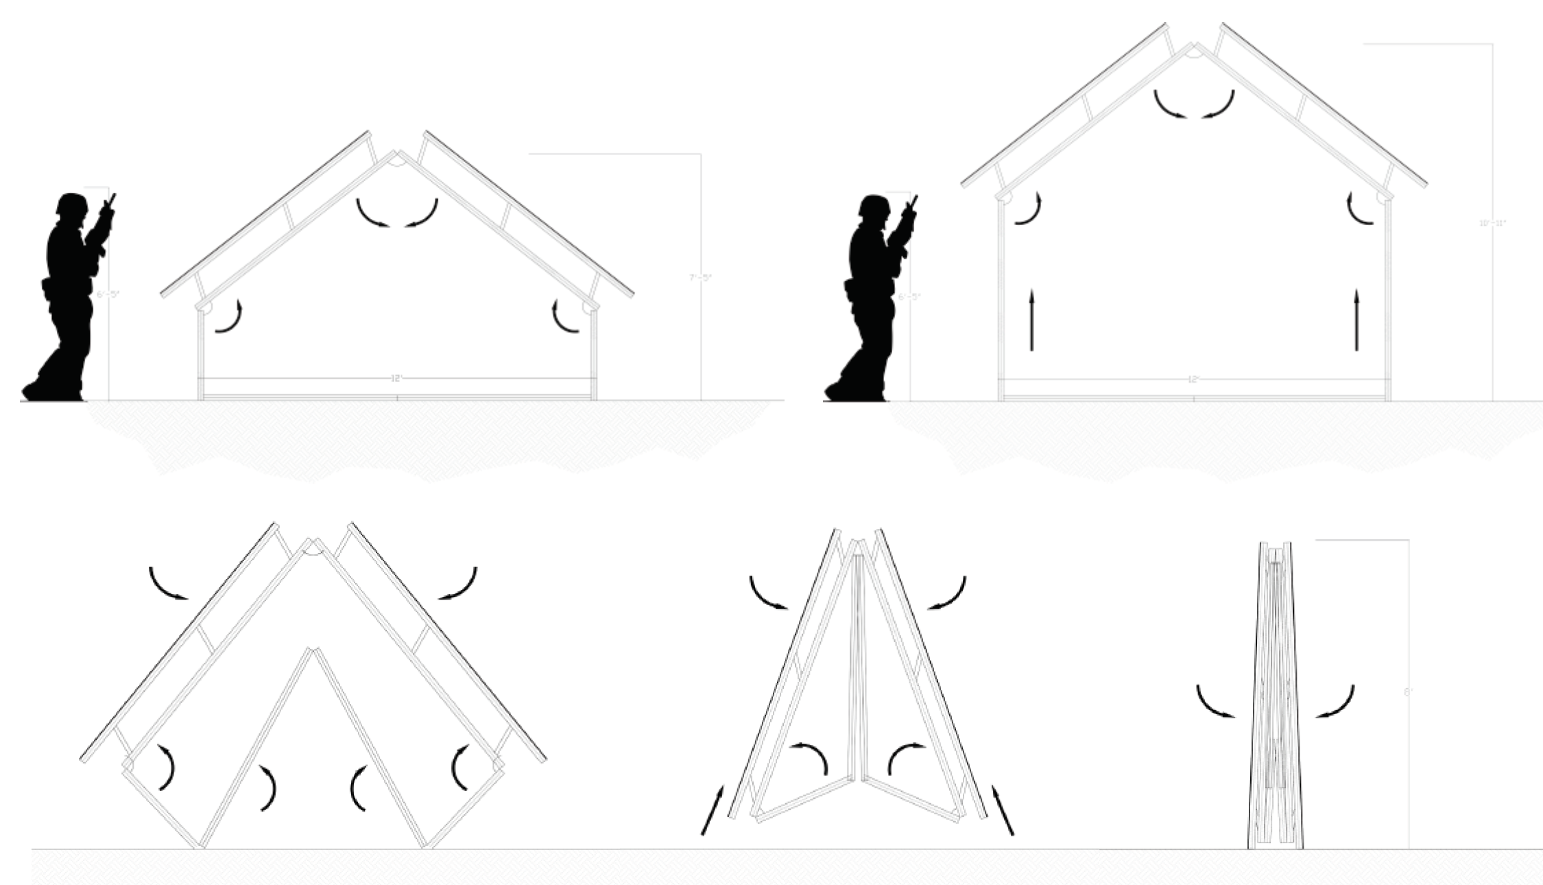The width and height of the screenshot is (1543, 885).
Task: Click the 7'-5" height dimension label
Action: pyautogui.click(x=700, y=277)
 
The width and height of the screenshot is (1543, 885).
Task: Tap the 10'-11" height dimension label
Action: pyautogui.click(x=1492, y=223)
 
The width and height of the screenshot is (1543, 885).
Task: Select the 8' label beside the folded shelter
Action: pyautogui.click(x=1409, y=693)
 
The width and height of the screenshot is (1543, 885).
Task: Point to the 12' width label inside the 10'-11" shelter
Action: pyautogui.click(x=1193, y=379)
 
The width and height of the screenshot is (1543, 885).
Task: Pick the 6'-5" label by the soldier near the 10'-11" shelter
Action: pyautogui.click(x=910, y=297)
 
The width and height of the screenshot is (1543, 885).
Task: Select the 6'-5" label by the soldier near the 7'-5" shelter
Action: pyautogui.click(x=108, y=295)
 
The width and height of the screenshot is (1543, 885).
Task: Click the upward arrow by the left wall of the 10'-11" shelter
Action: pyautogui.click(x=1031, y=320)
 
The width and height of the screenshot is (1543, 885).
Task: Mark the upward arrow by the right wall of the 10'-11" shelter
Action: pyautogui.click(x=1356, y=320)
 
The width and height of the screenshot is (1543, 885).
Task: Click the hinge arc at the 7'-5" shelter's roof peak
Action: pyautogui.click(x=396, y=161)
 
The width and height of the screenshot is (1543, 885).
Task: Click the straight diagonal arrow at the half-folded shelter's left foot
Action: pyautogui.click(x=711, y=811)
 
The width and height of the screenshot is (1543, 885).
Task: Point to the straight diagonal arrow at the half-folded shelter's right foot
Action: pyautogui.click(x=1002, y=811)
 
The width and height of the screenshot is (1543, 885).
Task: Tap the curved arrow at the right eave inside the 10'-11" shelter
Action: pyautogui.click(x=1359, y=209)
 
